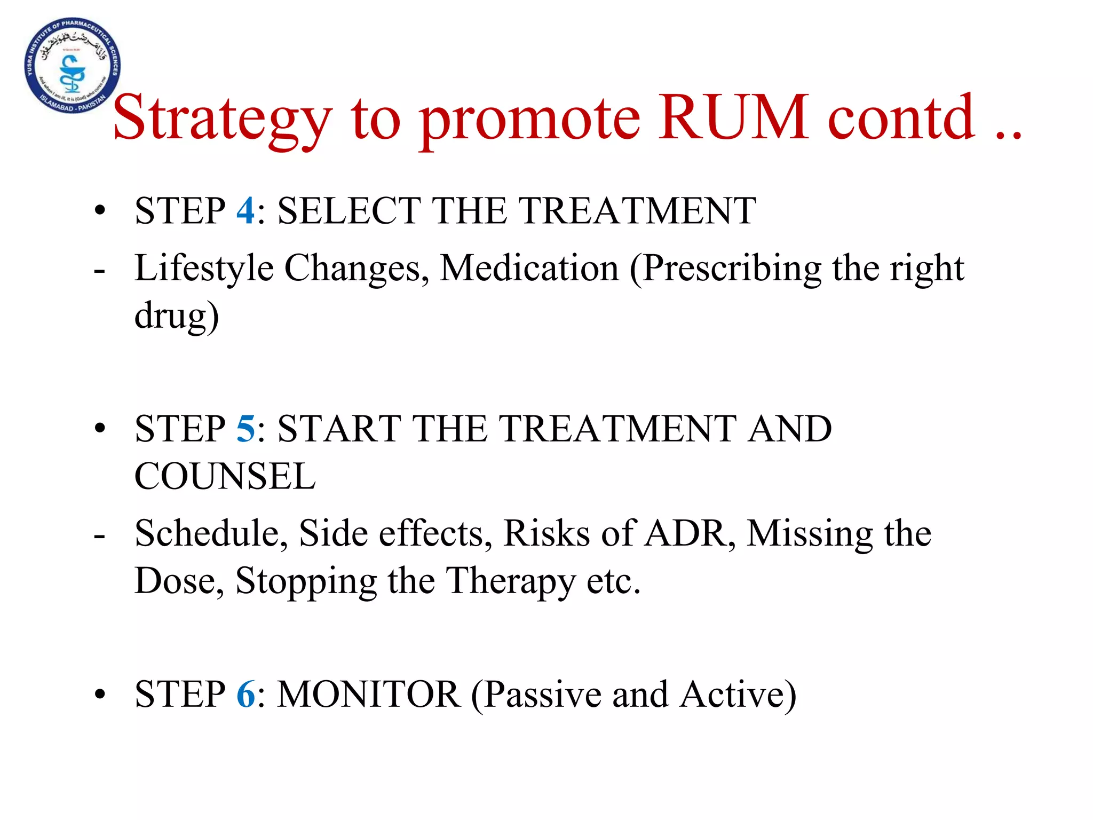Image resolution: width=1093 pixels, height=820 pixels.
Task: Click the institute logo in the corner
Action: pyautogui.click(x=73, y=65)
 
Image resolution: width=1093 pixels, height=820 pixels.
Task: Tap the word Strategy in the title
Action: pyautogui.click(x=223, y=120)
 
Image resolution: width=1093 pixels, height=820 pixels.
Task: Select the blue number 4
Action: pyautogui.click(x=245, y=210)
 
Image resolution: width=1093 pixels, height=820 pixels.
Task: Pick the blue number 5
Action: pyautogui.click(x=245, y=429)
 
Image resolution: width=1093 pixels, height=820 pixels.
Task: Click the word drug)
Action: pyautogui.click(x=177, y=316)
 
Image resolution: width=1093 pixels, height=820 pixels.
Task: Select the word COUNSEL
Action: pyautogui.click(x=225, y=476)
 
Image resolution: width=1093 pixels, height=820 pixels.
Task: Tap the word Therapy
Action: pyautogui.click(x=510, y=582)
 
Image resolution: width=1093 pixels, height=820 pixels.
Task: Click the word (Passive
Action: pyautogui.click(x=536, y=695)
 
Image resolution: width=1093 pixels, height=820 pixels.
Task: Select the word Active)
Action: pyautogui.click(x=738, y=695)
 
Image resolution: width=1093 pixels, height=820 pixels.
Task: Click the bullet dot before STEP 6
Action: pyautogui.click(x=100, y=695)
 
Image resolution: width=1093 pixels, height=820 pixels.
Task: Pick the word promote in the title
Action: pyautogui.click(x=530, y=120)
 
